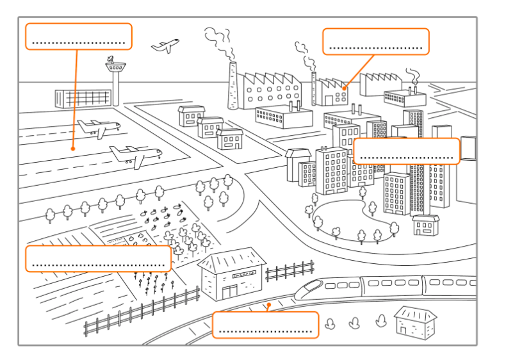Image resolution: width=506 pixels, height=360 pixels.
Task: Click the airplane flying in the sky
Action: [165, 45]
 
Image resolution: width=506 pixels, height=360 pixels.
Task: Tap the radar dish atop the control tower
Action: [113, 61]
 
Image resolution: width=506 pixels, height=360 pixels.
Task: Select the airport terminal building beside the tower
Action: [83, 98]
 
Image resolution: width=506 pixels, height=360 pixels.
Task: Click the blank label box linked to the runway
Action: [78, 37]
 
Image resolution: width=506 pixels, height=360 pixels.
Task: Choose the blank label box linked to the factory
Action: [375, 42]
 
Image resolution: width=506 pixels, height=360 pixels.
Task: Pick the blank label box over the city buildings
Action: [406, 151]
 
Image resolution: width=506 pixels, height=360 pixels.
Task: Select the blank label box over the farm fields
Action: [98, 258]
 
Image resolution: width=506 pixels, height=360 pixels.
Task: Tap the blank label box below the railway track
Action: [265, 325]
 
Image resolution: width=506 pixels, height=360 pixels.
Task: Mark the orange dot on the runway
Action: [73, 149]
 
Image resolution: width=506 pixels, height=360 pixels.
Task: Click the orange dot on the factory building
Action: [345, 88]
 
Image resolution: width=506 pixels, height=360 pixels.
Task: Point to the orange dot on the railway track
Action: [270, 305]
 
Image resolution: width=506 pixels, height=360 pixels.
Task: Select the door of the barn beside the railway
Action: [229, 292]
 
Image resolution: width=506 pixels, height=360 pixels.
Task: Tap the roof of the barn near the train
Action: [232, 260]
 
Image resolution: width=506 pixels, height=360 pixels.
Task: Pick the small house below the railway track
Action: [414, 322]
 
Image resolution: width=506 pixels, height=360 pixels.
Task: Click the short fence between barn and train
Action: [290, 272]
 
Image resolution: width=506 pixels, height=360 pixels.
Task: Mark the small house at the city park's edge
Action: [425, 225]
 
